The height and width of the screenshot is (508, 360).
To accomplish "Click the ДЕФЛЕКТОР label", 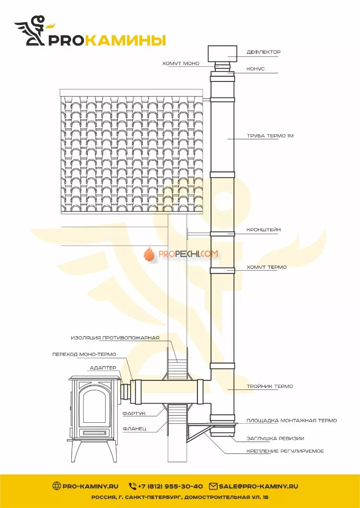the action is click(263, 52).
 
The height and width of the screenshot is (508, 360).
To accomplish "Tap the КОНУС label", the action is click(255, 69).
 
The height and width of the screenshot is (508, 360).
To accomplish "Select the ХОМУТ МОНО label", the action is click(181, 64).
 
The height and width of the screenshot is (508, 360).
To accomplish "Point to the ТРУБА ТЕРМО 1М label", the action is click(270, 136).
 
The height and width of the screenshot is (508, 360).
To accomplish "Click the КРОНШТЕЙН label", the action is click(263, 230).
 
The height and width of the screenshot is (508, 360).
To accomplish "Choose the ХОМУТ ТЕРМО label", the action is click(267, 267).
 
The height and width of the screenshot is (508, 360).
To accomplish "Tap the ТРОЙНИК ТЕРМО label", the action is click(270, 386).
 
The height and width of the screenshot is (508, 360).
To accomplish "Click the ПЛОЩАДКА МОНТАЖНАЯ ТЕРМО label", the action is click(292, 420).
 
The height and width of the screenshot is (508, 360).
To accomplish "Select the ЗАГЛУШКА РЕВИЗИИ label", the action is click(275, 439).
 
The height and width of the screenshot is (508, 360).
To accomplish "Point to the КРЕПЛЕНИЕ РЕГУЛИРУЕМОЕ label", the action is click(285, 452).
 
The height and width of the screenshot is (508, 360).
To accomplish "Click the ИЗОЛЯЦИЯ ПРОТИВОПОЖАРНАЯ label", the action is click(115, 338).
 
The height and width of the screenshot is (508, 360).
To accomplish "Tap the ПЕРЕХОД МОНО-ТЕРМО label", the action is click(84, 355).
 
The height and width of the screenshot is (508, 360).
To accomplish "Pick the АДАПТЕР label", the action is click(103, 368).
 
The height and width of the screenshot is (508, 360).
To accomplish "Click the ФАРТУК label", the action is click(134, 413).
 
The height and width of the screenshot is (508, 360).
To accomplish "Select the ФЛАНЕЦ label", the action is click(134, 429).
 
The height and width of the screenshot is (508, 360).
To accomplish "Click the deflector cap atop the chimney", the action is click(222, 54).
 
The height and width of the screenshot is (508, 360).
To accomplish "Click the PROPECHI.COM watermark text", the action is click(188, 254).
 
